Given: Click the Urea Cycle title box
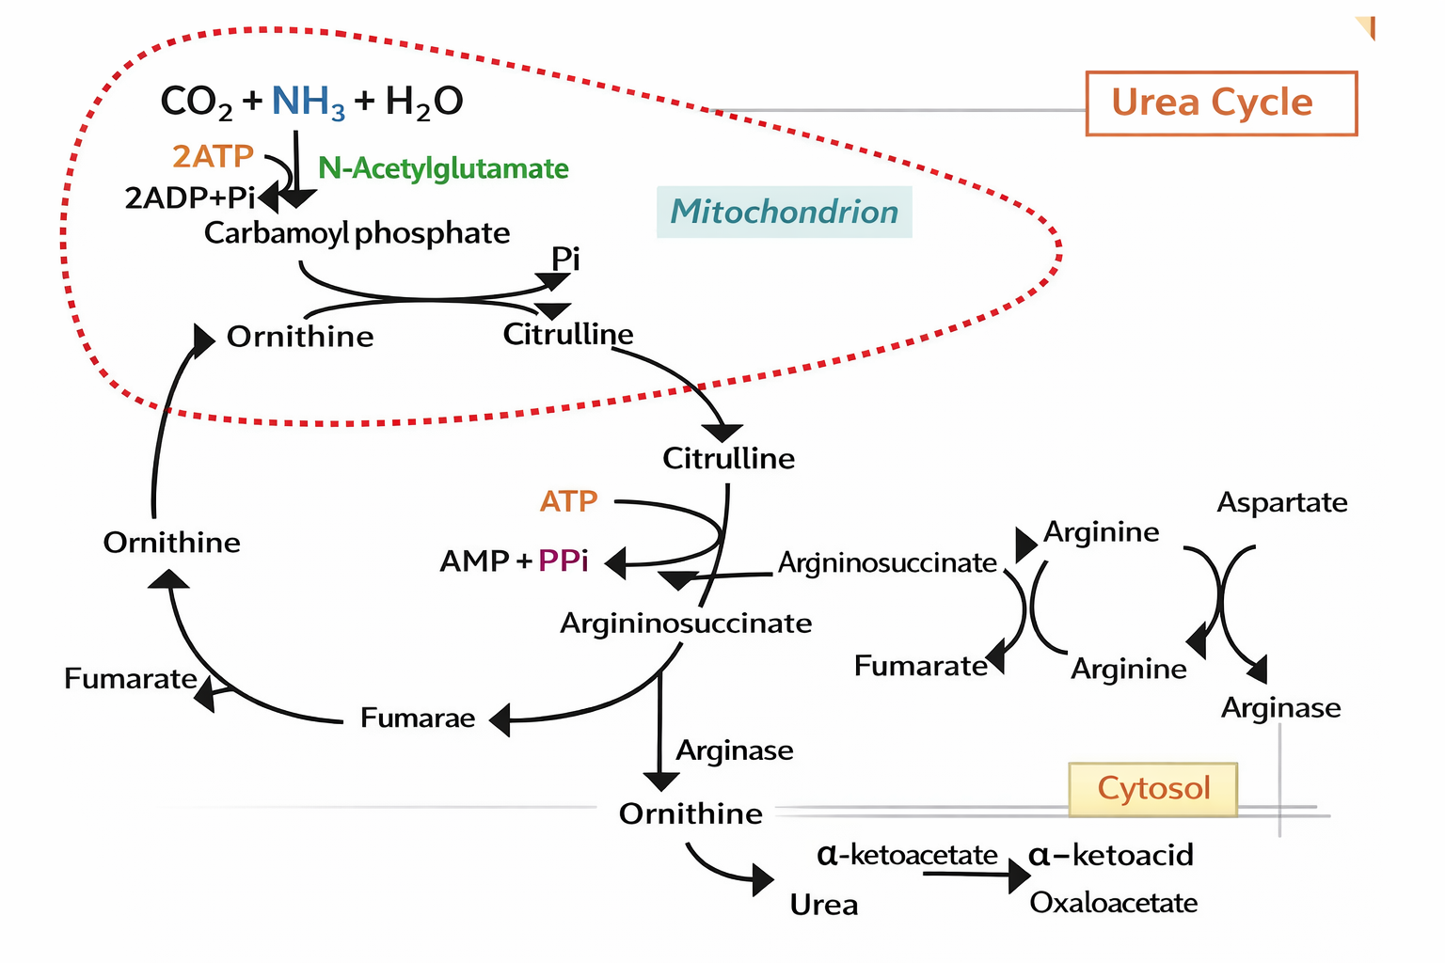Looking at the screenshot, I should pos(1220,103).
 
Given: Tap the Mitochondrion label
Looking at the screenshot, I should pos(784,212).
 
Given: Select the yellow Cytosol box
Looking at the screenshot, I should pos(1152,788).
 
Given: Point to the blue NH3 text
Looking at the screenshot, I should pos(308,102).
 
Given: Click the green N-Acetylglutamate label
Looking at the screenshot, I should pos(443,168).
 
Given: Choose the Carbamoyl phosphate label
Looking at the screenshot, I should pos(357,232).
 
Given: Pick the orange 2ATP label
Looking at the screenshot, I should pos(213,156).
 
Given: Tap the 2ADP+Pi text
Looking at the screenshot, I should pos(189,197).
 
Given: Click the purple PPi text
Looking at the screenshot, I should pos(563,561).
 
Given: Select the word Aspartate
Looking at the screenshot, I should pos(1281,502).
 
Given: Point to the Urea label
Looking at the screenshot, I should pos(823,905).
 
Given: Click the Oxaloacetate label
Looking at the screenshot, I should pos(1113,903).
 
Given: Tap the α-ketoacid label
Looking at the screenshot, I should pos(1110,855).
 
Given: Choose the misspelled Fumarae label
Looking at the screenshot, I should pos(418,718).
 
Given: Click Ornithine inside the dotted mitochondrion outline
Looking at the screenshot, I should pos(300,337).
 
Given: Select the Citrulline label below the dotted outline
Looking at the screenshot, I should pos(728,459).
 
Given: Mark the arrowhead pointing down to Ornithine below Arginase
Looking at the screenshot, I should pos(660,781).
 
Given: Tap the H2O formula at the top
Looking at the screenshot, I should pos(423,102).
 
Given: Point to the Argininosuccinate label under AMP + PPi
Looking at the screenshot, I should pos(686,624).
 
